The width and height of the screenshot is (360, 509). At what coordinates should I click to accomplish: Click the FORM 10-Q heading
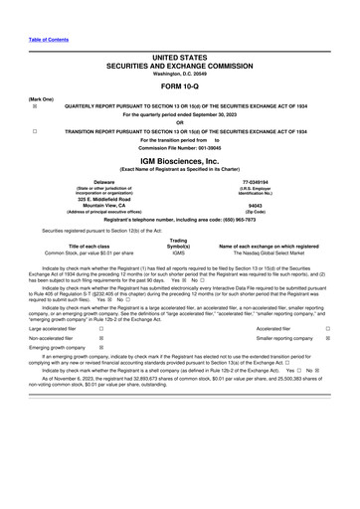(x=180, y=84)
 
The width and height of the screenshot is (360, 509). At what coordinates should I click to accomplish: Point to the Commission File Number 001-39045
(x=180, y=149)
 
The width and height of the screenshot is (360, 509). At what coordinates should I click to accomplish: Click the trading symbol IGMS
(x=179, y=254)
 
